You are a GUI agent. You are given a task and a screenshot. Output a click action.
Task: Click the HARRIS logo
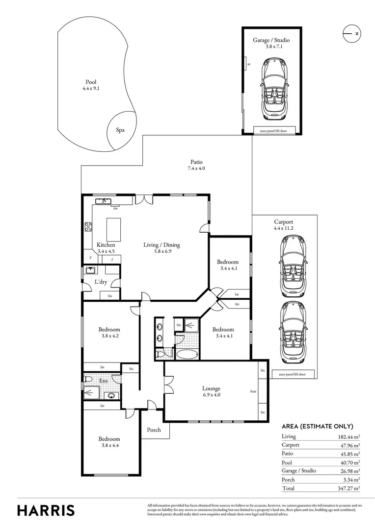coord(46,510)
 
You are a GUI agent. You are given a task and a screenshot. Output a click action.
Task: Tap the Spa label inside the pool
coord(120,130)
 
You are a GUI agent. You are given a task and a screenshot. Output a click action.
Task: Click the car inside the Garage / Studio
coord(271,89)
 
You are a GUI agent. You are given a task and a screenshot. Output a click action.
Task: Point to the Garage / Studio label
coord(268,40)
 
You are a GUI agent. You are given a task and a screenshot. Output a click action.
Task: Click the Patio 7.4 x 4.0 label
coord(196,166)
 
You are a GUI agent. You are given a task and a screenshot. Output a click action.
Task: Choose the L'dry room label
coord(101,282)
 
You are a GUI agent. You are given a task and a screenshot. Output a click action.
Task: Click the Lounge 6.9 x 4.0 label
coord(211,392)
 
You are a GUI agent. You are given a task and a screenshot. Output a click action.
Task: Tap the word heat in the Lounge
coord(253,391)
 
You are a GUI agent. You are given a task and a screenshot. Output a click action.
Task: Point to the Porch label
coord(154,430)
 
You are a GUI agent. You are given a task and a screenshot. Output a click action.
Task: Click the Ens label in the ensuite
coord(104,380)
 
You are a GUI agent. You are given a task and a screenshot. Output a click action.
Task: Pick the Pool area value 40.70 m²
coord(349,462)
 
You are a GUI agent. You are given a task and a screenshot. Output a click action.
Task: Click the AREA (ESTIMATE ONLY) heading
coord(318,426)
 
